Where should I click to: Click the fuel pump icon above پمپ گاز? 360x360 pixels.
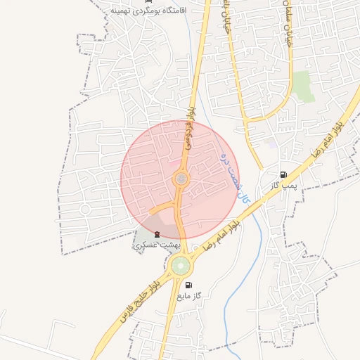[x=283, y=174]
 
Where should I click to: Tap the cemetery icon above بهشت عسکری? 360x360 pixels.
[x=157, y=234]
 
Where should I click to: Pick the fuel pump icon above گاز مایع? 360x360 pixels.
[x=188, y=285]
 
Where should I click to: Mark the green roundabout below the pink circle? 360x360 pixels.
[x=180, y=266]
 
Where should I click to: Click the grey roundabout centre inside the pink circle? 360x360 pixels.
[x=181, y=179]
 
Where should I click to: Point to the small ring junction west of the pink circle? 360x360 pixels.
[x=84, y=209]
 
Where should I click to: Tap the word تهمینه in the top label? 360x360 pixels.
[x=124, y=12]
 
